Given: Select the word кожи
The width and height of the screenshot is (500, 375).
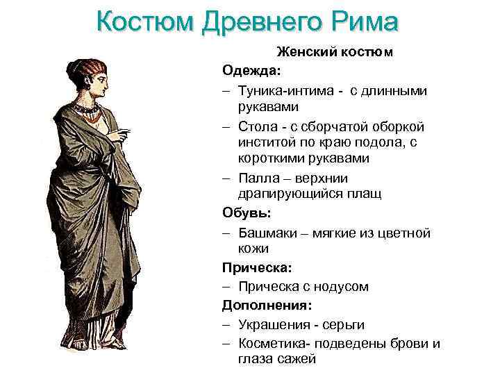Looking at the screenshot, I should click(253, 249).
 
